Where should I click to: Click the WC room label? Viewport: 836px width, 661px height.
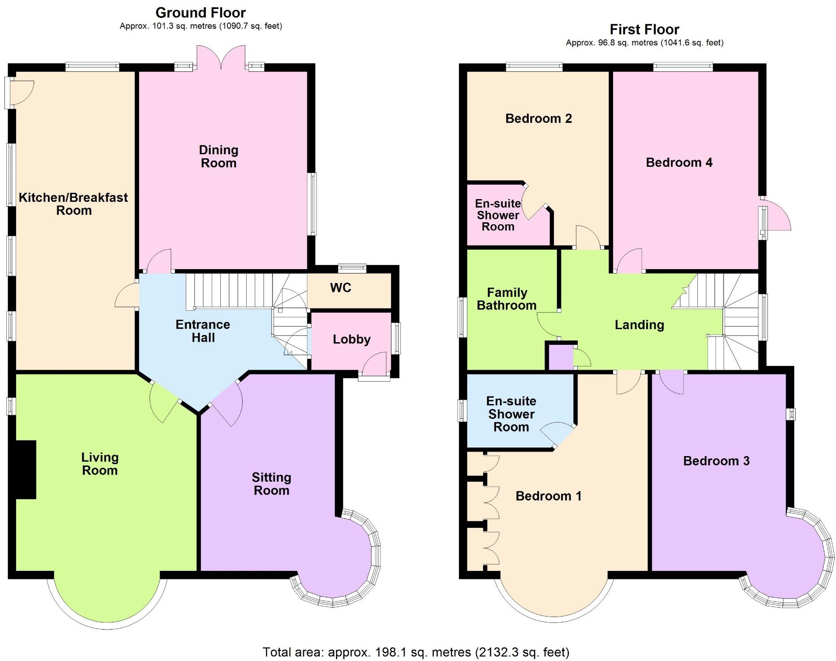[340, 288]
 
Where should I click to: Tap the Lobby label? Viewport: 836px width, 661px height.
[352, 339]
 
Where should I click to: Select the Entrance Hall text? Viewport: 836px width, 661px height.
[203, 331]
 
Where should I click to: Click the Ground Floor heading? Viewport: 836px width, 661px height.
[200, 13]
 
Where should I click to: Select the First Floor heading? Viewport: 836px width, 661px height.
[644, 30]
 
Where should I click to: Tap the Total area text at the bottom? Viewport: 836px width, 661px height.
[416, 652]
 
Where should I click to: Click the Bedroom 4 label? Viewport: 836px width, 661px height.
[679, 162]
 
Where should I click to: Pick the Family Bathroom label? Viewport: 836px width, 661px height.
[507, 299]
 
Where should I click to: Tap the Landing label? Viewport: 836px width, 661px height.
[639, 325]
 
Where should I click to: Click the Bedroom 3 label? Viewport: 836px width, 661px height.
[716, 461]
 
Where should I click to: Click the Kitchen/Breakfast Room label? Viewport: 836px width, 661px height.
[74, 204]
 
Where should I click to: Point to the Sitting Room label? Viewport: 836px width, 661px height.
[271, 484]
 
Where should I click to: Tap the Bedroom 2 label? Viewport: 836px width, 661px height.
[538, 118]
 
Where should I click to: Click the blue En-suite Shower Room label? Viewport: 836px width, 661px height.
[511, 414]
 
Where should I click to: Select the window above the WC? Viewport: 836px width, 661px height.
[352, 269]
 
